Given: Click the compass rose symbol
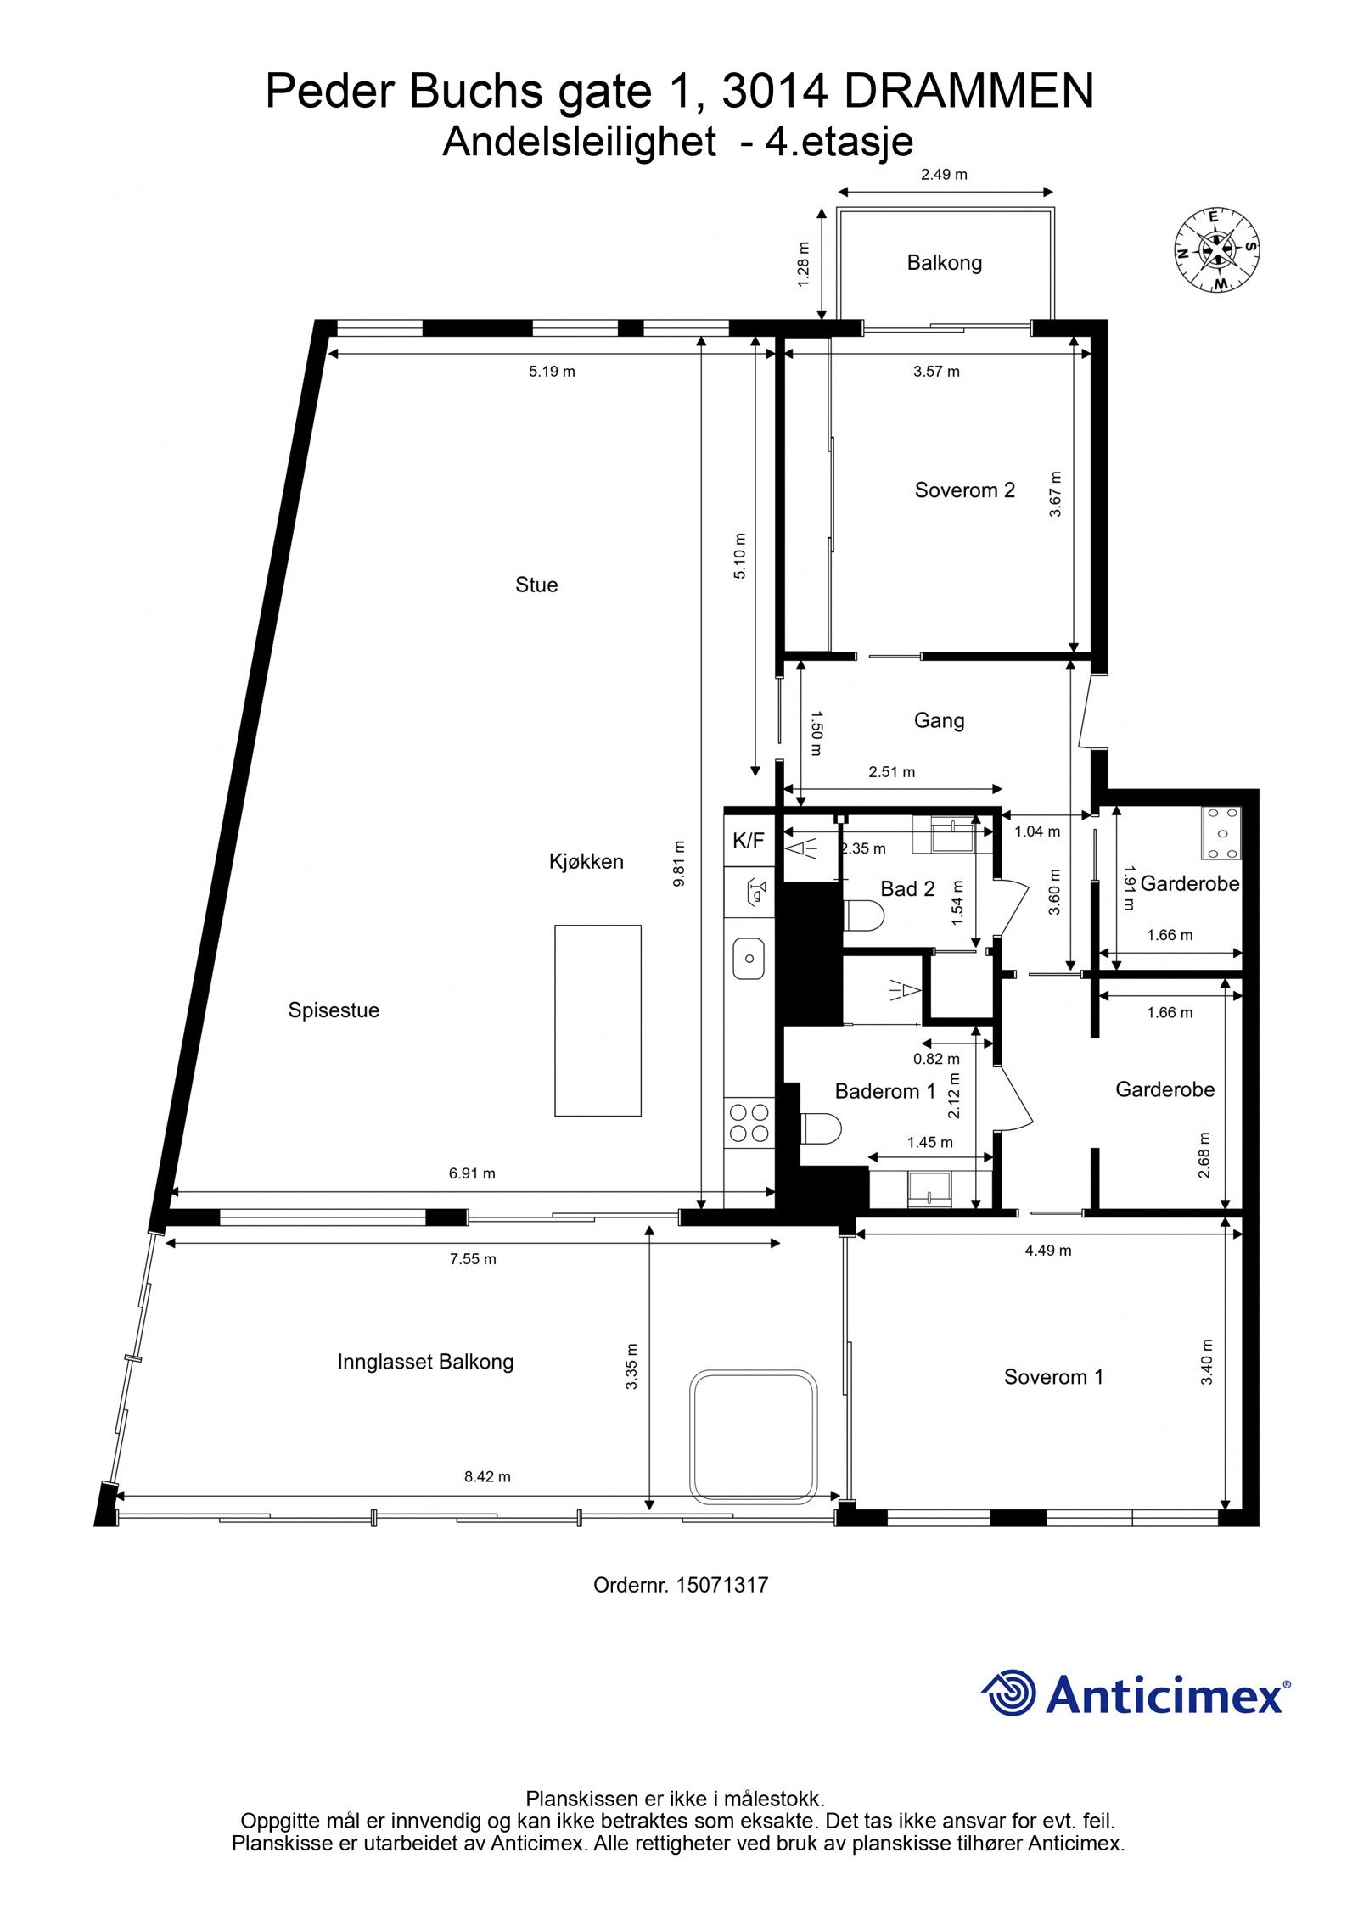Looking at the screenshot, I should coord(1216,249).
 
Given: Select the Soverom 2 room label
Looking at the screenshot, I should coord(964,490).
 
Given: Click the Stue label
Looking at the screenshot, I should coord(536,585).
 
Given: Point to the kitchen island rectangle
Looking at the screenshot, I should coord(598,1020).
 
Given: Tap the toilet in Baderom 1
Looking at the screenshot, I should coord(821,1128).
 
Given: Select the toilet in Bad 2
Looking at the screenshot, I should coord(865,916).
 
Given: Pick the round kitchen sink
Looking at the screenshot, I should coord(749,958).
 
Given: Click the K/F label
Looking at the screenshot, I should coord(748,841).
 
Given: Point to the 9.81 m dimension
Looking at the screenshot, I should coord(679,863).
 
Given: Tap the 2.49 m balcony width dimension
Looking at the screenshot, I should coord(944,175).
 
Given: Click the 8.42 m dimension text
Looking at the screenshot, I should coord(487,1476).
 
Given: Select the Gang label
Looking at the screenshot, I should coord(939,720).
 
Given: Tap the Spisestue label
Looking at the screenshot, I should coord(334,1010).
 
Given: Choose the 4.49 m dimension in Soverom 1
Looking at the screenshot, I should coord(1047,1250).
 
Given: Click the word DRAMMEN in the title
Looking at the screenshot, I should coord(968,91).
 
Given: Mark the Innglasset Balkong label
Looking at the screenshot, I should coord(425,1362).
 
